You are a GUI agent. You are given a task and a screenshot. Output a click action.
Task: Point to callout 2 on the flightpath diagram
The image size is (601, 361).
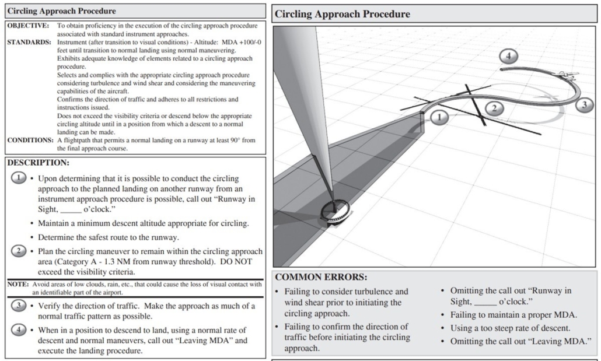coord(494,107)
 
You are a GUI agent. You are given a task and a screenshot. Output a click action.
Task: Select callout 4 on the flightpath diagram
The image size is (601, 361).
coord(509,57)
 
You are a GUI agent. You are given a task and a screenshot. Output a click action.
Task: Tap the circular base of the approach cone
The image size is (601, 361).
coord(335,211)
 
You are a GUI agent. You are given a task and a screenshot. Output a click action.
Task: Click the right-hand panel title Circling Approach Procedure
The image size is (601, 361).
coord(343,14)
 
